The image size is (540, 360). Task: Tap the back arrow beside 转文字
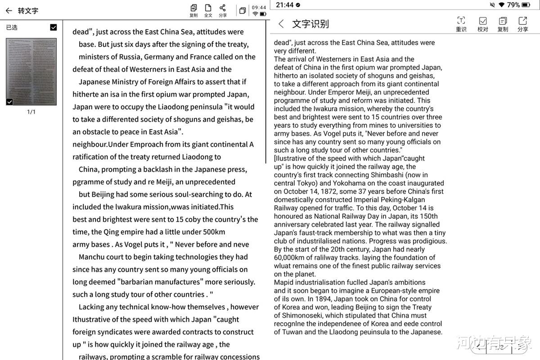9,10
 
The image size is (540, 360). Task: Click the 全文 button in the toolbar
208,10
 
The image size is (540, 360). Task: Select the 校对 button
482,23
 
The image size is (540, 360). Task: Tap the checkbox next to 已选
54,27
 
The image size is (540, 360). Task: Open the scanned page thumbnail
31,72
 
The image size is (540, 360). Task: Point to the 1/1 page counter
31,112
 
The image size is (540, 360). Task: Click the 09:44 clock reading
259,7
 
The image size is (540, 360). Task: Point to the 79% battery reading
513,5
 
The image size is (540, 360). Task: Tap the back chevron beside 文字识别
281,24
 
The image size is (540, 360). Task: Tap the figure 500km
214,232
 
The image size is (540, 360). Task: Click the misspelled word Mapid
284,283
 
